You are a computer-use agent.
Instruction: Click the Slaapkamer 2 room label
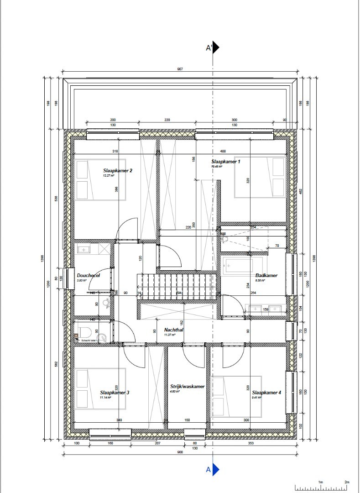117,171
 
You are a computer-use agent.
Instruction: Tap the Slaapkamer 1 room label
225,162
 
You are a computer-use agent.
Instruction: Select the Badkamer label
266,275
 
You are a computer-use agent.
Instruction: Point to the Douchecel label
88,275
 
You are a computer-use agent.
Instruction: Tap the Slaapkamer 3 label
115,392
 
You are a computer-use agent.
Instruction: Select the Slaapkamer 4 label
266,392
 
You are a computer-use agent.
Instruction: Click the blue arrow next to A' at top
216,47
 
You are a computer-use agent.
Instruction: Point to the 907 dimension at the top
180,69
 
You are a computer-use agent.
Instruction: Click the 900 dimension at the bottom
180,452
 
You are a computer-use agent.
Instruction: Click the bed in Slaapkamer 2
91,179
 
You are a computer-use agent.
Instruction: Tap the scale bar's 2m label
346,482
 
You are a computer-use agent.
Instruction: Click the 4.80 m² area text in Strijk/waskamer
175,392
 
